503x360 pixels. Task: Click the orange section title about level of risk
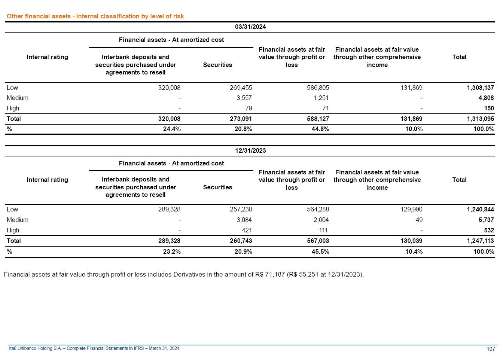[x=95, y=16]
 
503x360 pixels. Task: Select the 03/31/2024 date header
[x=250, y=27]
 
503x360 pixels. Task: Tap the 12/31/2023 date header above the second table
[x=250, y=151]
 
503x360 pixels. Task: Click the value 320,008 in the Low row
[x=169, y=88]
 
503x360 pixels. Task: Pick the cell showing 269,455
[x=241, y=88]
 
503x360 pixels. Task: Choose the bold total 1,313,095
[x=480, y=119]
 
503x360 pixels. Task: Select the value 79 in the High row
[x=249, y=109]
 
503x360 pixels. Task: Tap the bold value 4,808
[x=486, y=98]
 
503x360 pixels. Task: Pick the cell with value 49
[x=419, y=220]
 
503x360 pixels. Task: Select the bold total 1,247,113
[x=480, y=241]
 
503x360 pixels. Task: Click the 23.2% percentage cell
[x=172, y=252]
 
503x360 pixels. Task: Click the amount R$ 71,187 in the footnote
[x=270, y=275]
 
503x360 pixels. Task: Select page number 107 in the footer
[x=491, y=349]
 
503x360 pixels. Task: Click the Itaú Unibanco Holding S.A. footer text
[x=94, y=349]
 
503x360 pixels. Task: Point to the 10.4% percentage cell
[x=414, y=252]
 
